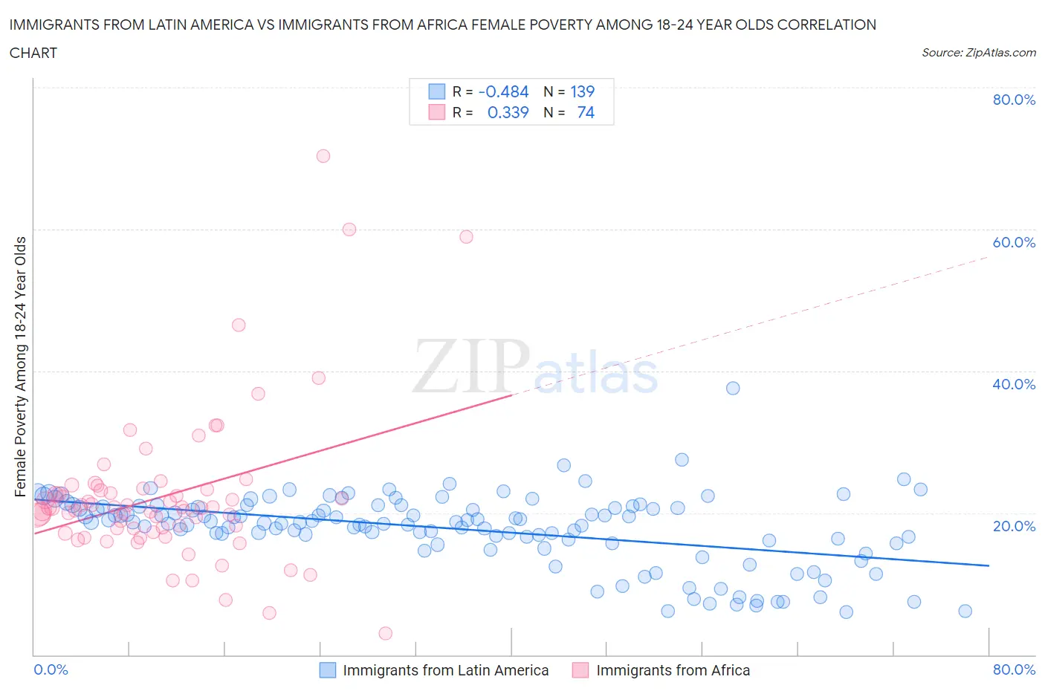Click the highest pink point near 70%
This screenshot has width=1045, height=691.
coord(323,156)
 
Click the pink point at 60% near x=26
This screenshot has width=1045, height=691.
coord(349,230)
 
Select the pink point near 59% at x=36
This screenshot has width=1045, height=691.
coord(466,237)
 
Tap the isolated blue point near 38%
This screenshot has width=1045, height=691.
coord(733,388)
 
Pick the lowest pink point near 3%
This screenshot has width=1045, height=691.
coord(385,633)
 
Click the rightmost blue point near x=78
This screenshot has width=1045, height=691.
coord(965,611)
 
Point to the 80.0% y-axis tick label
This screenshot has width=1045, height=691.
coord(1014,100)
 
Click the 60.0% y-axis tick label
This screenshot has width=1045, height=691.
coord(1014,242)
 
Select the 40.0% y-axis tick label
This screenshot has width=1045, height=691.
coord(1014,384)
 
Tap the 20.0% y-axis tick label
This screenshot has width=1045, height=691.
coord(1014,526)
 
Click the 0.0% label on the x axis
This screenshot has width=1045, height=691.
coord(51,669)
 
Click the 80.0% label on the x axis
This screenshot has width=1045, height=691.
coord(1014,669)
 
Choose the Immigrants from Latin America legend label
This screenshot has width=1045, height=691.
coord(445,670)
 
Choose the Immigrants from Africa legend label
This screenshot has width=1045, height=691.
coord(673,670)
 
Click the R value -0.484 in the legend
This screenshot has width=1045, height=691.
coord(503,91)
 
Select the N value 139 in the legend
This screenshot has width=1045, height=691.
coord(582,91)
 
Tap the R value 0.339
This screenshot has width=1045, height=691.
coord(508,112)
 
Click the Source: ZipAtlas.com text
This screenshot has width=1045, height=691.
coord(978,52)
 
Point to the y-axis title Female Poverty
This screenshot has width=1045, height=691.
coord(21,366)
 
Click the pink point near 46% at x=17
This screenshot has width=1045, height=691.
coord(239,325)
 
